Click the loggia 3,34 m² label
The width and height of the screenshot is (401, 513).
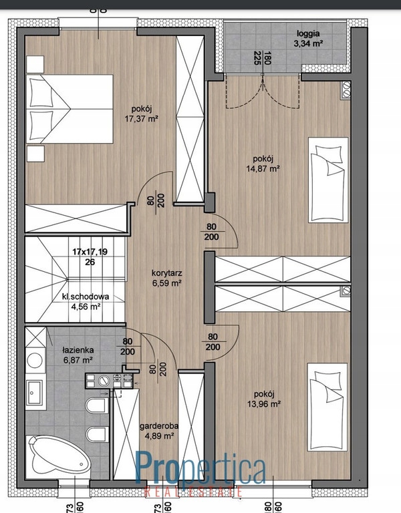[308, 38]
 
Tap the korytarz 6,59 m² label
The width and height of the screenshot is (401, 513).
[167, 278]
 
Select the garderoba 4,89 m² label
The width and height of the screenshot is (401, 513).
[159, 431]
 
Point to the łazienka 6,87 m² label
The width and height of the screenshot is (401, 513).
[78, 355]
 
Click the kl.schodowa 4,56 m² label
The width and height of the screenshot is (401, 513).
[86, 301]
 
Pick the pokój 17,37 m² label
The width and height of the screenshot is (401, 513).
[142, 114]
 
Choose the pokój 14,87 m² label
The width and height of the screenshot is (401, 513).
[263, 164]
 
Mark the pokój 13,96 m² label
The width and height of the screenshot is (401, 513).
[264, 399]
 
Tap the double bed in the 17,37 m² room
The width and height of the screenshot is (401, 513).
[70, 109]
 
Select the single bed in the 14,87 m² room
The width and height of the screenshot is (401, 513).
[328, 180]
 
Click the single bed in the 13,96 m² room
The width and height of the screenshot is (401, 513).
[327, 407]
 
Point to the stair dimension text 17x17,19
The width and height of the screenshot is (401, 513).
[90, 252]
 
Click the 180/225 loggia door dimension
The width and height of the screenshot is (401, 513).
[262, 58]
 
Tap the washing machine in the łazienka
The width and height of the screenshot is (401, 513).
[35, 360]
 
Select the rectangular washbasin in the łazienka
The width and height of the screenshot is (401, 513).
[34, 392]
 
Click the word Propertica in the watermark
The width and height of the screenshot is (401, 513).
[200, 467]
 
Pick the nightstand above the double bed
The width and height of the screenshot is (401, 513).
[35, 64]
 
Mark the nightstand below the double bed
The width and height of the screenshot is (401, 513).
[35, 154]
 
